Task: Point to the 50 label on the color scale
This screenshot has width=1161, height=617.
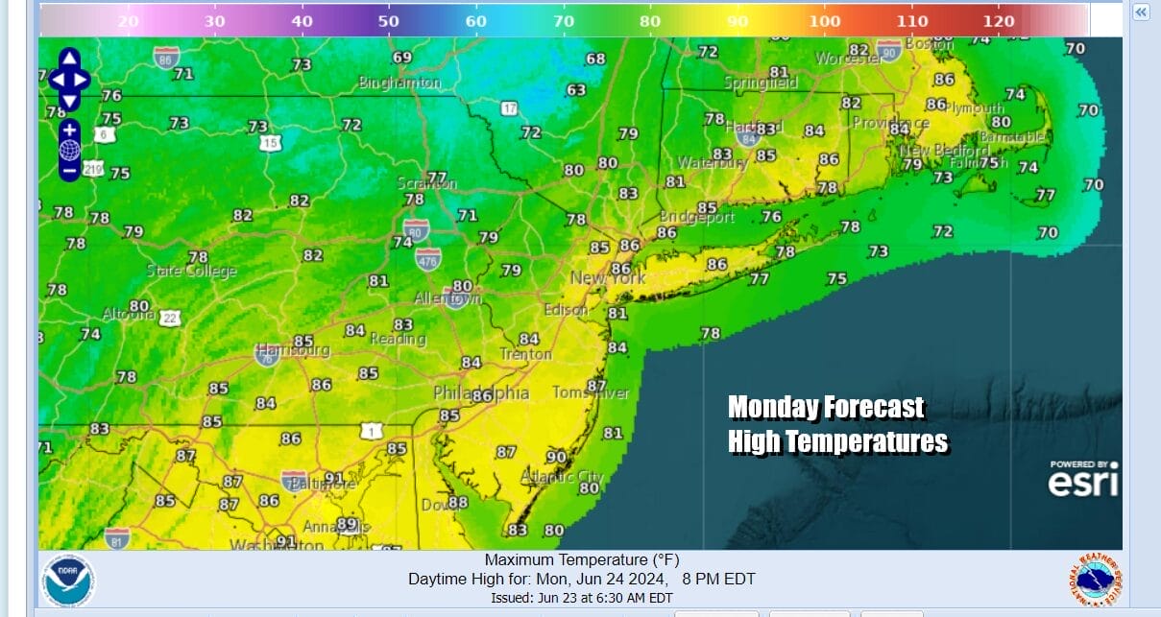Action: point(389,20)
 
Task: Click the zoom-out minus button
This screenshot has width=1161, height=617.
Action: point(69,171)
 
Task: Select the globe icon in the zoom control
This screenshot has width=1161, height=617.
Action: point(69,151)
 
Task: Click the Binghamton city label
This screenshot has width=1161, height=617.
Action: point(399,83)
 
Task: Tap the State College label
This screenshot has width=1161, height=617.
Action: point(191,272)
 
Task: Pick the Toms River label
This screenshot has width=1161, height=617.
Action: point(591,393)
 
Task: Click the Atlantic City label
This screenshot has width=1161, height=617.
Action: point(563,477)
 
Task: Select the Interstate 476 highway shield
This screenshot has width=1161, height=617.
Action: point(428,257)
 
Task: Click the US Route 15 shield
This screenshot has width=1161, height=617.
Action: point(272,143)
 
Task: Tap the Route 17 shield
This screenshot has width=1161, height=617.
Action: point(509,108)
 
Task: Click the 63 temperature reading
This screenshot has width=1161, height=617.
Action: point(576,90)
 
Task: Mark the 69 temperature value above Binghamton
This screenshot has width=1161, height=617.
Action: point(402,58)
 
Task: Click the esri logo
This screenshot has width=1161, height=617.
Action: point(1083,480)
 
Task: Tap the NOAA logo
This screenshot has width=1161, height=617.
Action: point(68,580)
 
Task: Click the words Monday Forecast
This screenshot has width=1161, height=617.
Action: point(826,408)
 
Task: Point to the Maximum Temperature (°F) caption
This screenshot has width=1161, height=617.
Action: point(581,560)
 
